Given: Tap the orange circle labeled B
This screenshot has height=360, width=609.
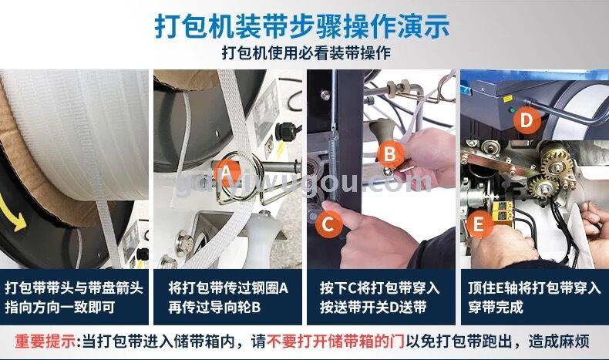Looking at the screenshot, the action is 389,154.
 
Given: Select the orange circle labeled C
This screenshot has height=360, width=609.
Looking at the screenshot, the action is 328,224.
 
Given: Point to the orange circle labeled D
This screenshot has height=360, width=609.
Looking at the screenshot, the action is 527,120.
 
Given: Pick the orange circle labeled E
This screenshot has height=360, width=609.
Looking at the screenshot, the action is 479,224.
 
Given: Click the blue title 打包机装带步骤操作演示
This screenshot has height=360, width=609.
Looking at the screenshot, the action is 302,27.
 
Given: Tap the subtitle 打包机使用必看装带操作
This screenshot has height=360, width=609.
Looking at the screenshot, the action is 306,53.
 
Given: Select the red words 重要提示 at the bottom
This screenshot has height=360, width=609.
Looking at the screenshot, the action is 45,341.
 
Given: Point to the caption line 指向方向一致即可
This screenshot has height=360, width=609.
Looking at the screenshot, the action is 60,307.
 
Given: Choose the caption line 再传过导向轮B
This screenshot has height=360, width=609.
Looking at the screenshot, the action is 214,307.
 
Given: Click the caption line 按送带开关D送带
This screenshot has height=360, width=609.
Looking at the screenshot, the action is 373,307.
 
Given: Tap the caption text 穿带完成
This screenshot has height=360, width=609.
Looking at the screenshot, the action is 495,307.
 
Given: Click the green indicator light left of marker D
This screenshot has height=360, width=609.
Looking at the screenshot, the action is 513,111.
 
